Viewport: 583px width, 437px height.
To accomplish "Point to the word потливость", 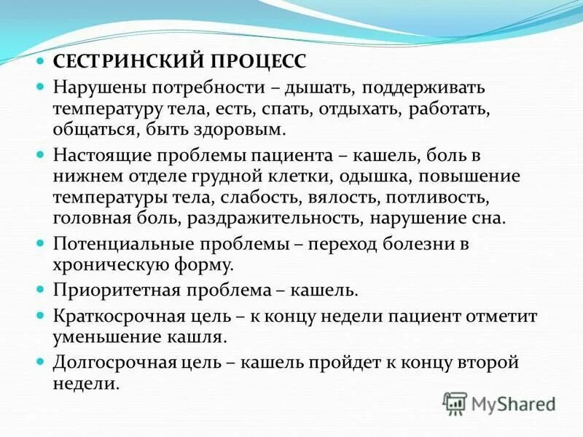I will pos(444,197).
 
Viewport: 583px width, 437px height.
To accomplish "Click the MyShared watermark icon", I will pos(455,403).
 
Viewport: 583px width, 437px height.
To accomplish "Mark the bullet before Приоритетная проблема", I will pos(42,291).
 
